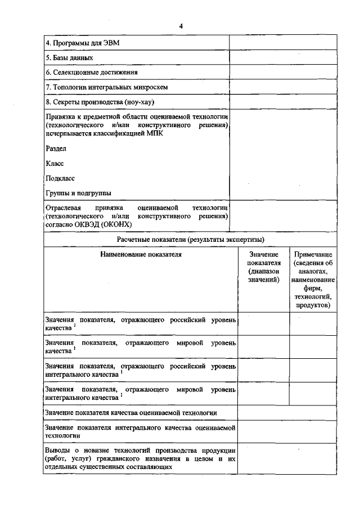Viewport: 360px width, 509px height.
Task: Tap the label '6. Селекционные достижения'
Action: point(92,73)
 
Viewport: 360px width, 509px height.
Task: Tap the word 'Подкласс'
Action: point(60,178)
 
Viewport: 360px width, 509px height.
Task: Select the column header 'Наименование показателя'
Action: point(141,254)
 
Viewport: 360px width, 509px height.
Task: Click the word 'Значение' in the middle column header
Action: point(263,255)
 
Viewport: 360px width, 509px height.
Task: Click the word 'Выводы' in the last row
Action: point(58,451)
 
